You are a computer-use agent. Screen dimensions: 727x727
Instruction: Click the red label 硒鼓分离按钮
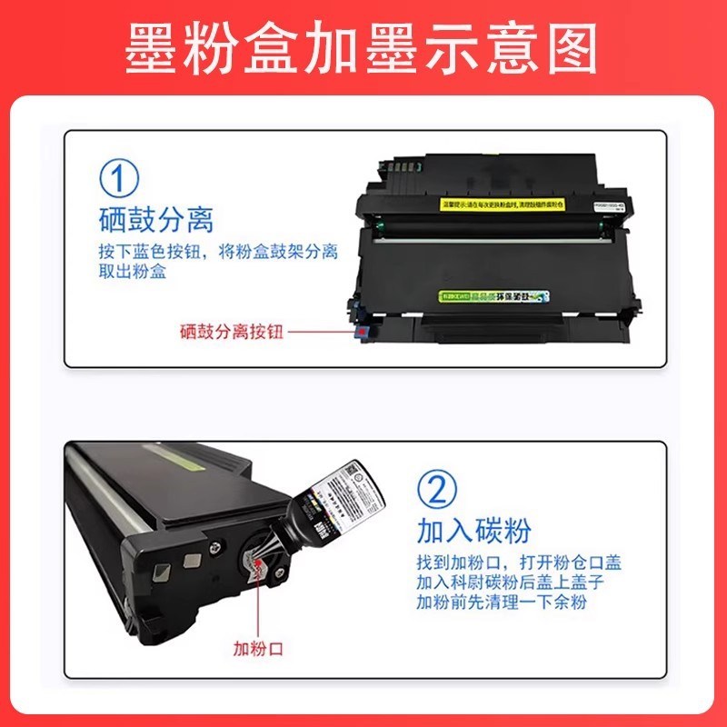(232, 332)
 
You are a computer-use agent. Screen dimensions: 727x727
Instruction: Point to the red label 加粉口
(259, 648)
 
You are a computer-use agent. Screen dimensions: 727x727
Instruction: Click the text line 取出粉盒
(133, 271)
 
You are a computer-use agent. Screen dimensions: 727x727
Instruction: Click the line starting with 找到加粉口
(519, 563)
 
